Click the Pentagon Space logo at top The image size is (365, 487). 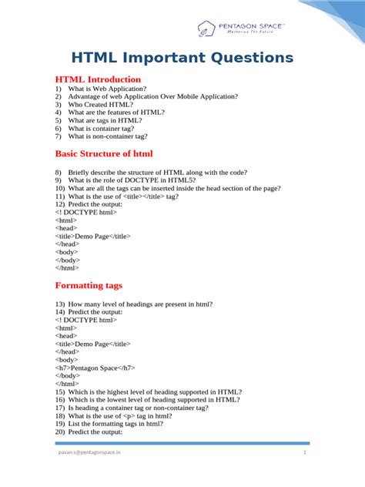(x=241, y=29)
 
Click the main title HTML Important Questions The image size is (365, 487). (x=182, y=58)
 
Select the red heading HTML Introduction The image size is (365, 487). (x=98, y=79)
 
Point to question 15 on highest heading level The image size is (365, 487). (x=148, y=391)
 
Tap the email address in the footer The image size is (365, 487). (x=89, y=453)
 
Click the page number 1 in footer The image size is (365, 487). (x=305, y=453)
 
